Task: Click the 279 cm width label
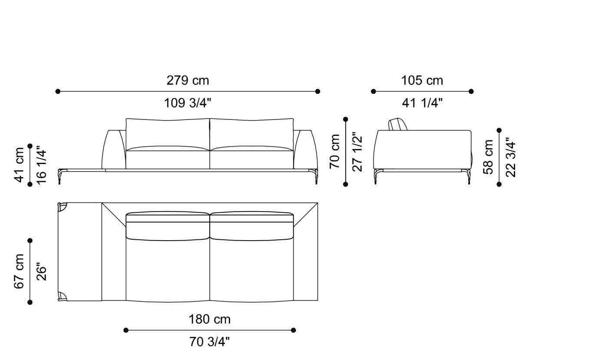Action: [188, 81]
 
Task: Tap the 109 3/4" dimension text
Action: [188, 103]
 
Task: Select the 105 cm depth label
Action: [422, 81]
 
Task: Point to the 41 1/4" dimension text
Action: [422, 103]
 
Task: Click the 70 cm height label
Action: [335, 152]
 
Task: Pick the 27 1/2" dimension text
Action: [357, 152]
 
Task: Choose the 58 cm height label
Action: [489, 157]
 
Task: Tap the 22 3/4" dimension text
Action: [510, 157]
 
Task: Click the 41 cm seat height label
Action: [20, 165]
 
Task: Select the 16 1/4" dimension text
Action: [41, 165]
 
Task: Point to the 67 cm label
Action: [20, 271]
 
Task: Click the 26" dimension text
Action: [41, 271]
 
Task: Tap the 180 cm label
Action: [209, 320]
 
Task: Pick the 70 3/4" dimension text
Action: [209, 342]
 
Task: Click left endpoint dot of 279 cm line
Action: [58, 91]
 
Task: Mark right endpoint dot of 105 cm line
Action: [471, 91]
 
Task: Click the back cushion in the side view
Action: [397, 124]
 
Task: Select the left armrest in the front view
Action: [114, 149]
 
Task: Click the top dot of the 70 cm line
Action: [346, 119]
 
